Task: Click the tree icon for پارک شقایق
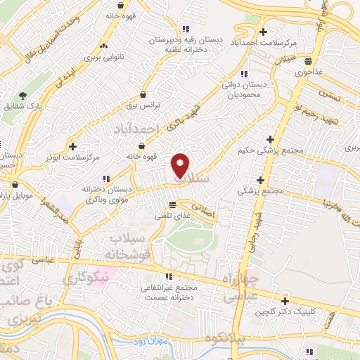click(23, 95)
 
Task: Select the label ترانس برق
click(144, 105)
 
